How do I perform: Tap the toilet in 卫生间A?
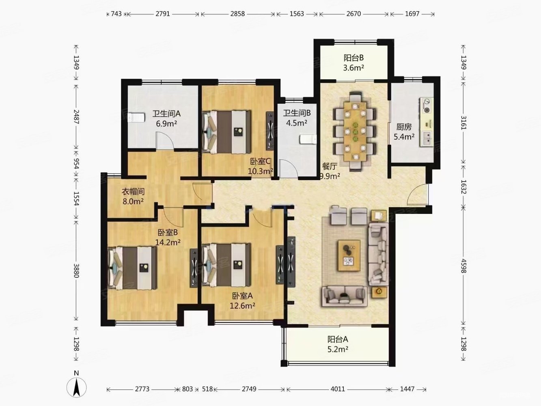[x=136, y=118]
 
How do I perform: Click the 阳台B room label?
[x=353, y=58]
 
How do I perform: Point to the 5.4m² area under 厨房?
[x=404, y=136]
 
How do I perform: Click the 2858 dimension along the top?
[x=237, y=14]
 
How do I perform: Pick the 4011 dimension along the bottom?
[x=337, y=389]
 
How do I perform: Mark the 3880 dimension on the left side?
[x=76, y=271]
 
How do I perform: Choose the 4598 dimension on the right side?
[x=463, y=266]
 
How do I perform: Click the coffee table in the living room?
[x=349, y=255]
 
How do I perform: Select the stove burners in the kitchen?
[x=427, y=106]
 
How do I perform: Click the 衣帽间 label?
[x=133, y=192]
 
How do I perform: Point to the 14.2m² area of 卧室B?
[x=168, y=242]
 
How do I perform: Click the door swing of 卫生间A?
[x=165, y=141]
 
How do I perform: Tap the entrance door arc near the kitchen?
[x=417, y=195]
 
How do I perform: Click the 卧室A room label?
[x=242, y=296]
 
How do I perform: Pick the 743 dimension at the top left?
[x=116, y=14]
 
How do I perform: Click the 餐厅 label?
[x=329, y=166]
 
